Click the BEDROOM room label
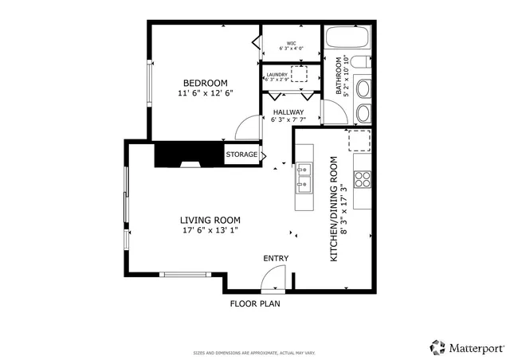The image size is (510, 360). tap(206, 83)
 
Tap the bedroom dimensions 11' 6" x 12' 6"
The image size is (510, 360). tap(206, 94)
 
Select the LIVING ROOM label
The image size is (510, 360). tap(210, 221)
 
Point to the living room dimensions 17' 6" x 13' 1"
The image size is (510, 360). tap(210, 231)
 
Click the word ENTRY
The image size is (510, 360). tap(276, 258)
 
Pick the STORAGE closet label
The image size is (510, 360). tap(241, 155)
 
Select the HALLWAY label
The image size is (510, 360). tap(288, 112)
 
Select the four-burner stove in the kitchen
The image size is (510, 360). tap(363, 179)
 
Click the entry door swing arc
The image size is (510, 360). tap(272, 278)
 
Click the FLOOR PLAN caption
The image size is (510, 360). tap(255, 303)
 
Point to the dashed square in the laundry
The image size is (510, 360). tap(300, 75)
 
